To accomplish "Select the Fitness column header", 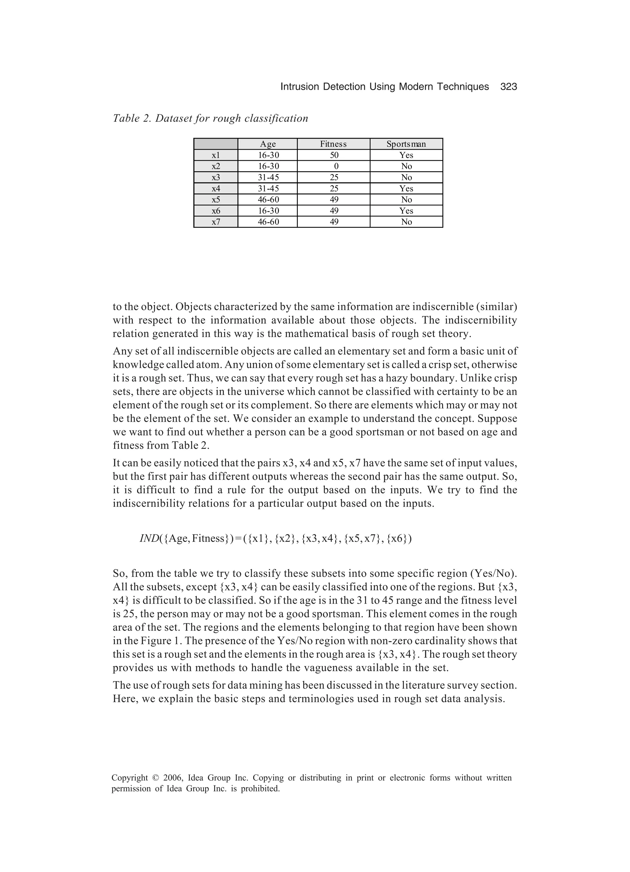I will tap(333, 144).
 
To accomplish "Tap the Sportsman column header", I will tap(406, 144).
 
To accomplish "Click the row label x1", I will tap(216, 155).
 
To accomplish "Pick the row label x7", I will tap(216, 222).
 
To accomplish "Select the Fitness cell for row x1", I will tap(334, 155).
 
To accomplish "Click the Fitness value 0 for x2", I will tap(336, 167).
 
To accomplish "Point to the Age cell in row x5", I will tap(268, 199).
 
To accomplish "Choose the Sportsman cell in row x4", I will tap(406, 188).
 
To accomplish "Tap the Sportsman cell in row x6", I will tap(406, 211).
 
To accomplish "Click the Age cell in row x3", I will tap(268, 177).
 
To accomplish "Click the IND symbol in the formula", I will tap(149, 539).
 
